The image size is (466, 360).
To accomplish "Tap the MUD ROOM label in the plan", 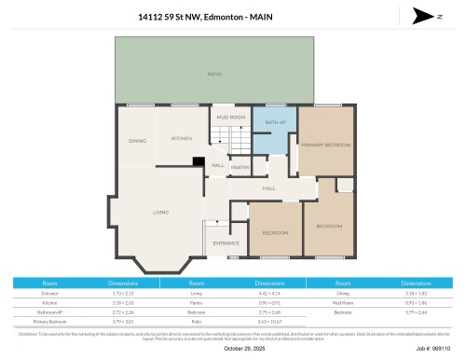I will tap(230, 118).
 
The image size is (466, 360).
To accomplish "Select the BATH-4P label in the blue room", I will tap(274, 122).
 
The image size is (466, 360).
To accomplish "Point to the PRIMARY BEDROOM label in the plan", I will tap(325, 145).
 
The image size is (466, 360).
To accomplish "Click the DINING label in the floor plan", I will tap(137, 141).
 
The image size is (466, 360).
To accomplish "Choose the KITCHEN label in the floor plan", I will tap(181, 138).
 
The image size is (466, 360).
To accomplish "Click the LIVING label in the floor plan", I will tap(160, 213).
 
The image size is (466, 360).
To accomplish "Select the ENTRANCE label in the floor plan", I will tap(226, 243).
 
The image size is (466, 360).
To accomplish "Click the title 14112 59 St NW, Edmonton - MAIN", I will tap(233, 16).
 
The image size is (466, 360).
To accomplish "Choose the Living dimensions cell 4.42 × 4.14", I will tap(270, 292).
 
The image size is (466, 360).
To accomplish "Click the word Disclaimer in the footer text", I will tap(28, 331).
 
